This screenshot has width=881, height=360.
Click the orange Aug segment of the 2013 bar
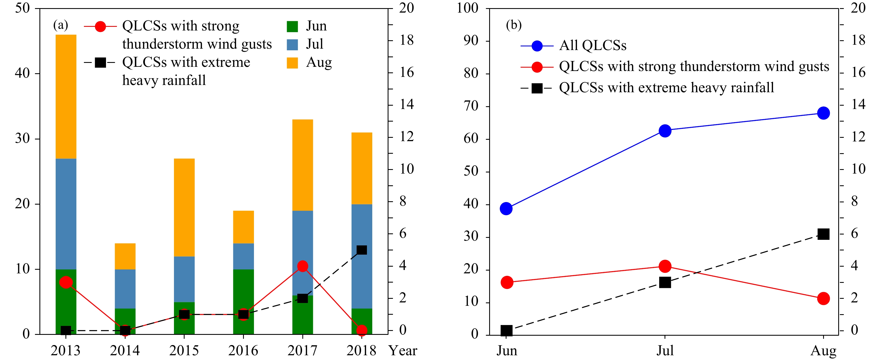[x=66, y=96]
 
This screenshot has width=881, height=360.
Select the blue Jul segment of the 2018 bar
[x=362, y=256]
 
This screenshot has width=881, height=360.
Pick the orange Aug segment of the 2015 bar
[x=184, y=207]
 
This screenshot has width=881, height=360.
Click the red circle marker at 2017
[x=302, y=266]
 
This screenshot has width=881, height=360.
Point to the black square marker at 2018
[x=362, y=250]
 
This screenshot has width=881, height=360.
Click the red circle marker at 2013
[x=66, y=282]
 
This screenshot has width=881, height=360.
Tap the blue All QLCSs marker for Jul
[x=665, y=131]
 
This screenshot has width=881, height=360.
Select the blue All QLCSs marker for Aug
[x=823, y=113]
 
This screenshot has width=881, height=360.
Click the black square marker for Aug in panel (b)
[x=823, y=234]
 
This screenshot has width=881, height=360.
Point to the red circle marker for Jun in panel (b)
[x=507, y=282]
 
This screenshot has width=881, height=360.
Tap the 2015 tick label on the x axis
[x=184, y=350]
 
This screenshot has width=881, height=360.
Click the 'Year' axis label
[x=402, y=350]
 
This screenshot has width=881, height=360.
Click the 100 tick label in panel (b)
[x=468, y=8]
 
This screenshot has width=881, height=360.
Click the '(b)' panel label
[x=513, y=25]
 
